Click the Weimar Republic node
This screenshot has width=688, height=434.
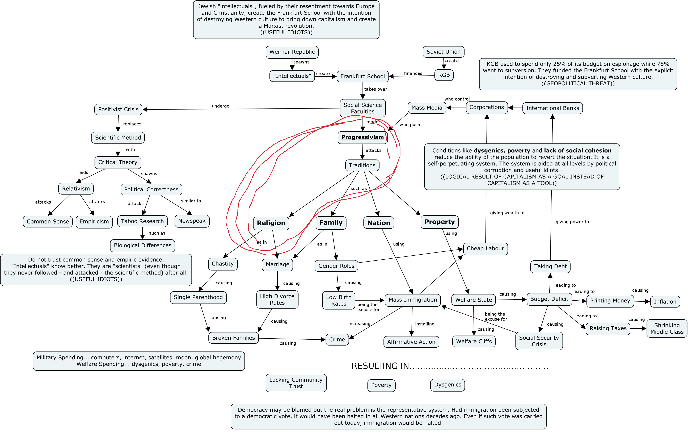(292, 52)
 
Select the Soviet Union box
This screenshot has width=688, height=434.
(443, 52)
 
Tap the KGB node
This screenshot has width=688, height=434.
(444, 75)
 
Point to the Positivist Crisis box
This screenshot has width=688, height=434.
(118, 109)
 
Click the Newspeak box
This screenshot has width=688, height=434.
(192, 221)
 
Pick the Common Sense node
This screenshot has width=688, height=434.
(48, 221)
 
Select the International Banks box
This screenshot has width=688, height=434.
(553, 108)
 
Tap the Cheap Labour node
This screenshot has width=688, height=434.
(485, 249)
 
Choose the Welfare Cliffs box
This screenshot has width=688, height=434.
(474, 341)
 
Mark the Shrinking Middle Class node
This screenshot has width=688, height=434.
(667, 329)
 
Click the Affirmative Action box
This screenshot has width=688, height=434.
(411, 342)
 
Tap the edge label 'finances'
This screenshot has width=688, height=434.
(413, 73)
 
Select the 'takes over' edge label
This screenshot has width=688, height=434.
(375, 89)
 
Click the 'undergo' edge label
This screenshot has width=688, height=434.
(221, 106)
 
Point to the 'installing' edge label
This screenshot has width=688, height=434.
(425, 324)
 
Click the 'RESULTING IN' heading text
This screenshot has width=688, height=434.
(380, 366)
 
